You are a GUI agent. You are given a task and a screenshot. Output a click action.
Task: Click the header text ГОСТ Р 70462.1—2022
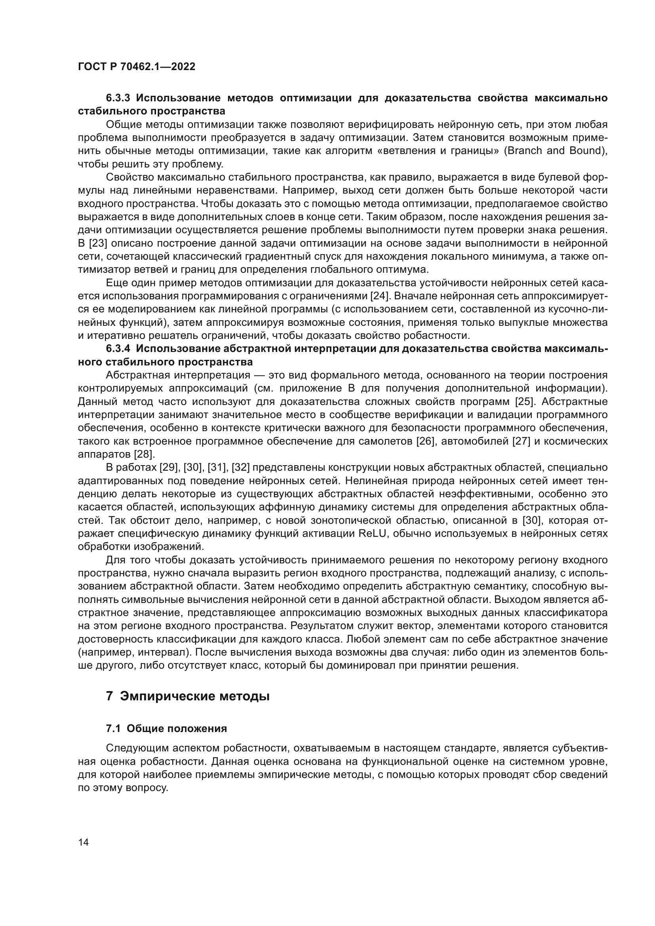[x=136, y=67]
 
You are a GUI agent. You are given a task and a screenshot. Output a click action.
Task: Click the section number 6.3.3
[x=118, y=98]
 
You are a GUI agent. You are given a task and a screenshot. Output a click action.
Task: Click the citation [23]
[x=96, y=243]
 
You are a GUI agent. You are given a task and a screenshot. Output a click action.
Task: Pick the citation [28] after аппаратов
[x=144, y=454]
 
